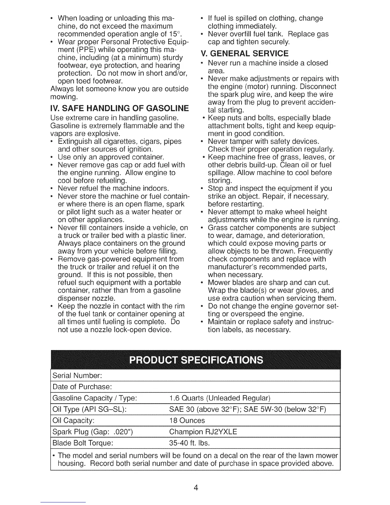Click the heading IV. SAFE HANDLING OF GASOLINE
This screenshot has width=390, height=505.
coord(120,108)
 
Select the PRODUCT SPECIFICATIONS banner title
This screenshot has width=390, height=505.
coord(196,360)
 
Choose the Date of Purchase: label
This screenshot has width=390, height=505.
coord(82,387)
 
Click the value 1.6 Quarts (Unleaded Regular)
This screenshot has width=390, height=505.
coord(220,398)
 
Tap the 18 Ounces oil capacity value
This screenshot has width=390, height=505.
coord(187,421)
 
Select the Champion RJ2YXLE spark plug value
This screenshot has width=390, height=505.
coord(203,432)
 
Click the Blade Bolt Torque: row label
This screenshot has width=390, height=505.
coord(83,443)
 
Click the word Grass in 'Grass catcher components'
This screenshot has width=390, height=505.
coord(217,228)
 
